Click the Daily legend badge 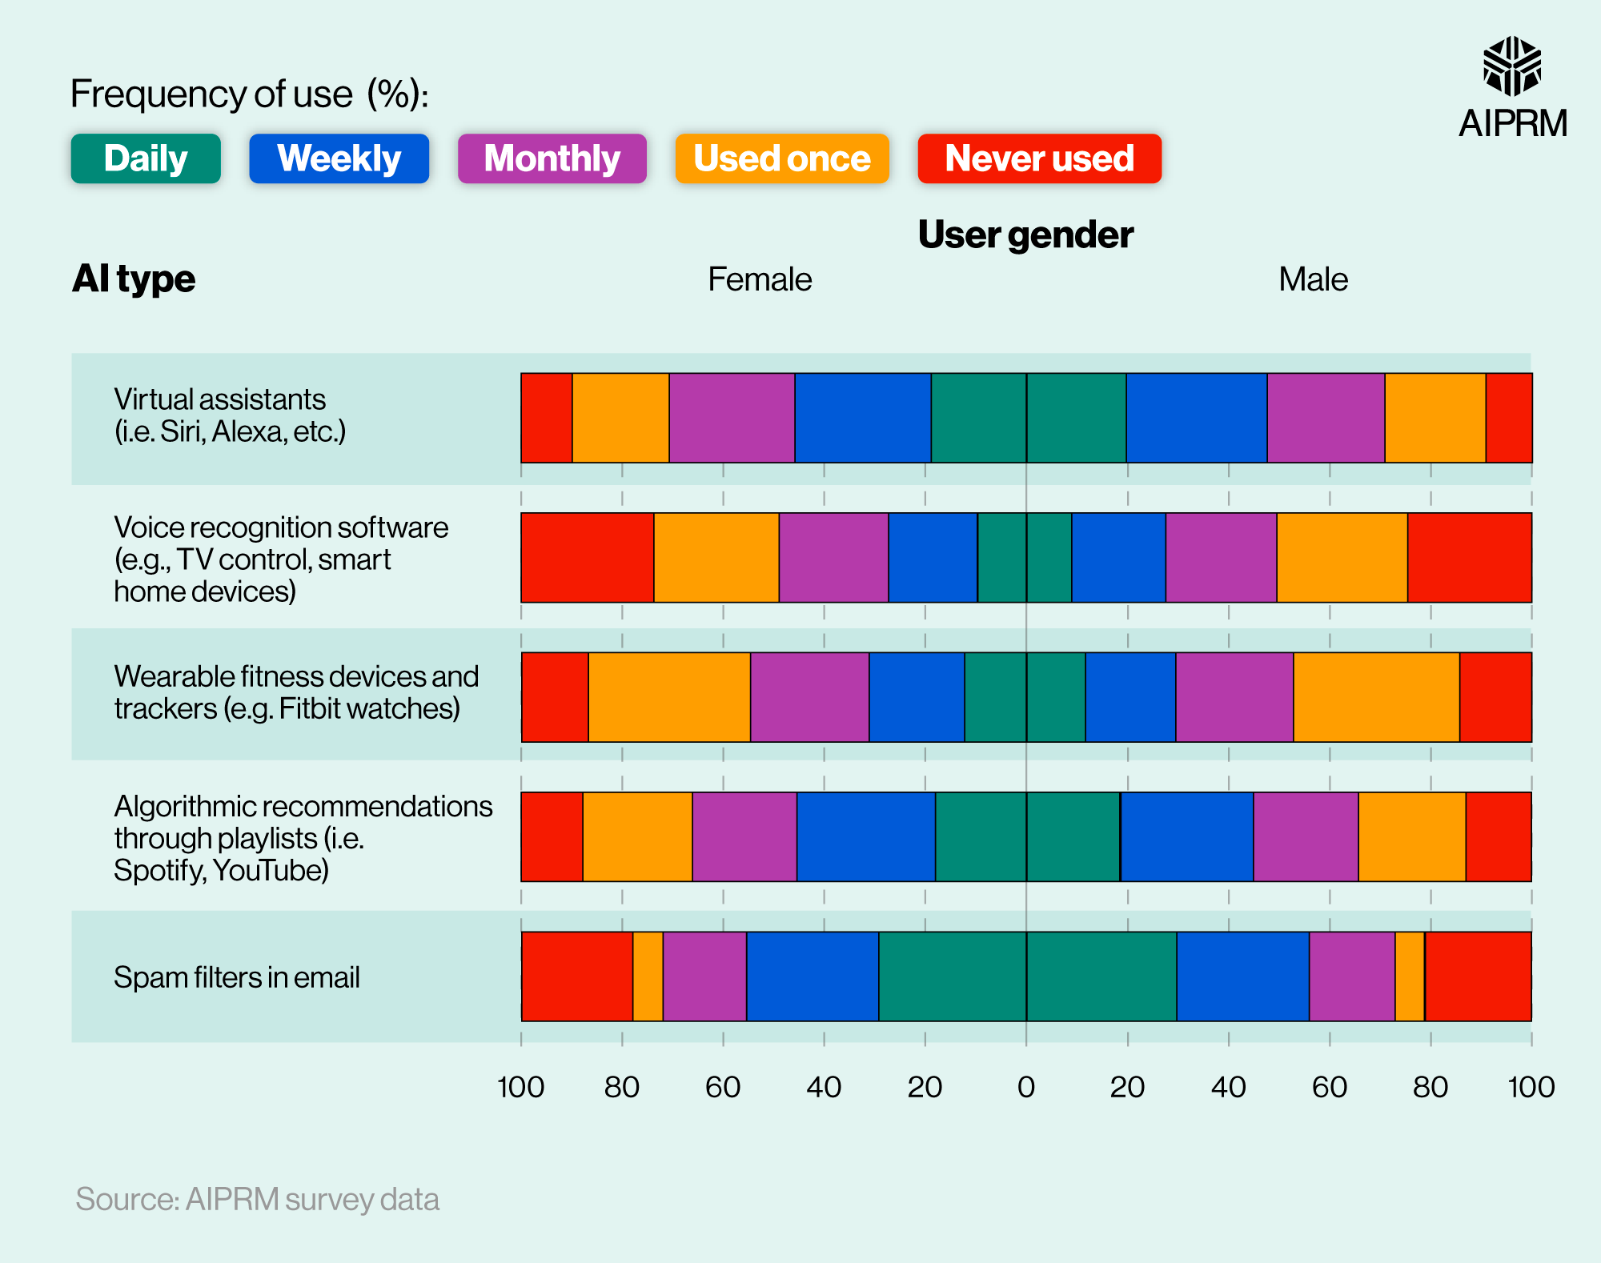(146, 158)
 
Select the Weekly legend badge (339, 158)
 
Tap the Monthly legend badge (552, 158)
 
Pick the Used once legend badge (782, 158)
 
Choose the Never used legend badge (1039, 158)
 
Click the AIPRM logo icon (1511, 66)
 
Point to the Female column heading (760, 279)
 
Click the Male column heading (1313, 279)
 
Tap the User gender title (1025, 235)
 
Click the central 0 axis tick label (1025, 1087)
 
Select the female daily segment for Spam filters (953, 976)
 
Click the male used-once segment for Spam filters (1410, 976)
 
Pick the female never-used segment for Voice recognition (587, 557)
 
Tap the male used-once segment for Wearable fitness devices (1376, 697)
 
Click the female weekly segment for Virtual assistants (862, 418)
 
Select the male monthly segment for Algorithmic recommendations (1306, 836)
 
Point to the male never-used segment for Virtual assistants (1509, 418)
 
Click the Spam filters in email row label (237, 977)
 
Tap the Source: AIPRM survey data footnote (257, 1199)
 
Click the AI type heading (134, 279)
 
